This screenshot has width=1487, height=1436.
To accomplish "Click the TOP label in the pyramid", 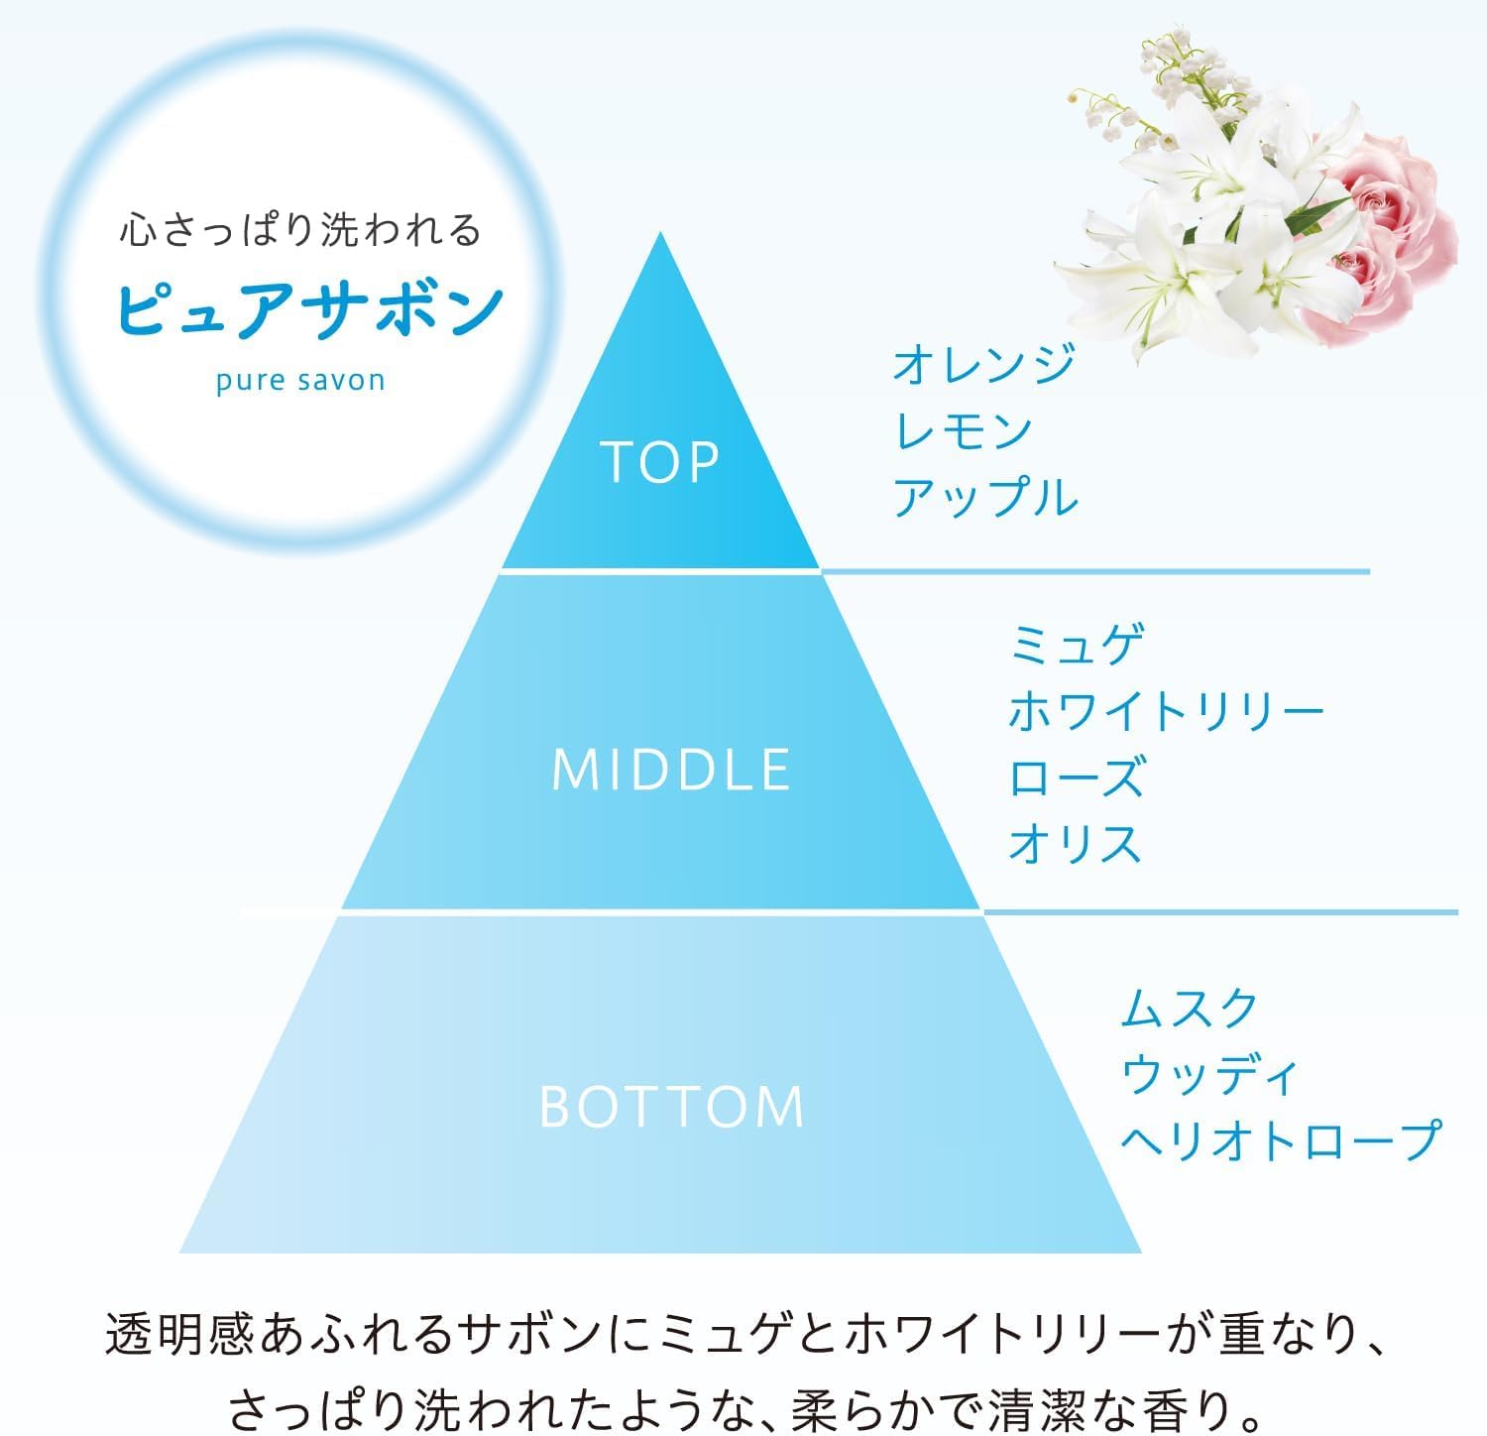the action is pyautogui.click(x=659, y=461).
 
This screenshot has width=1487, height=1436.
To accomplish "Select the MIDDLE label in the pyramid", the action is pyautogui.click(x=671, y=770).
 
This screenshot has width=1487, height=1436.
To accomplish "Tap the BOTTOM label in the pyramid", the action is pyautogui.click(x=671, y=1107).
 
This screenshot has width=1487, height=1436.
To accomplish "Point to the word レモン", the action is pyautogui.click(x=963, y=430).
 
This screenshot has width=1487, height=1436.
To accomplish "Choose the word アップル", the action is pyautogui.click(x=984, y=497).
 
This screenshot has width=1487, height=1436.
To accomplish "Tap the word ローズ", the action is pyautogui.click(x=1077, y=777).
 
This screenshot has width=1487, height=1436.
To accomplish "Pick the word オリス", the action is pyautogui.click(x=1077, y=843).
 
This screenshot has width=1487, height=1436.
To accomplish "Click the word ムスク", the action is pyautogui.click(x=1190, y=1009).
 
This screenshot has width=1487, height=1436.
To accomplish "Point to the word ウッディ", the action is pyautogui.click(x=1209, y=1075).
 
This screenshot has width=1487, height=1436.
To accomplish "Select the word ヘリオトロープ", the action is pyautogui.click(x=1280, y=1140).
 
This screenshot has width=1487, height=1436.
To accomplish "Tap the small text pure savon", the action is pyautogui.click(x=300, y=381).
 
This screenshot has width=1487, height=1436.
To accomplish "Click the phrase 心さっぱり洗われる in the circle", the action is pyautogui.click(x=300, y=231).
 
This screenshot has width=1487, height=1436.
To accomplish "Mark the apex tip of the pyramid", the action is pyautogui.click(x=660, y=235).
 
